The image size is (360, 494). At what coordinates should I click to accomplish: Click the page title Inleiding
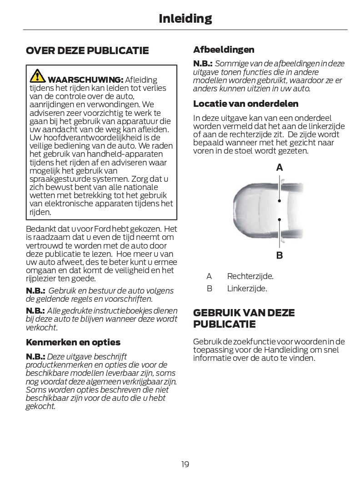(x=185, y=19)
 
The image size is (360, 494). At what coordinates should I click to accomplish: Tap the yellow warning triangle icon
(x=37, y=76)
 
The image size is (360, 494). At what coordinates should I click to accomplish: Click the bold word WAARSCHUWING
(x=85, y=80)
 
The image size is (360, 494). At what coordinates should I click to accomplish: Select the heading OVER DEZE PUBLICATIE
(x=87, y=50)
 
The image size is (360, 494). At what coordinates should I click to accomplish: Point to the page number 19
(x=185, y=464)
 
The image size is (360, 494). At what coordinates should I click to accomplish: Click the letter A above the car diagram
(x=279, y=168)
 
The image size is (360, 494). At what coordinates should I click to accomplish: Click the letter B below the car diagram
(x=279, y=255)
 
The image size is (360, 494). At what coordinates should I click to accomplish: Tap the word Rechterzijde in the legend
(x=250, y=276)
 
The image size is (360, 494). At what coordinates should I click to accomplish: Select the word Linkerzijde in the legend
(x=247, y=289)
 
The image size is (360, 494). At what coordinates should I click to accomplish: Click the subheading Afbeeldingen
(x=224, y=50)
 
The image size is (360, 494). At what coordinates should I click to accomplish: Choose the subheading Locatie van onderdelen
(x=246, y=104)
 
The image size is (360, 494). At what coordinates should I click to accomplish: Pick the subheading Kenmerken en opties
(x=73, y=342)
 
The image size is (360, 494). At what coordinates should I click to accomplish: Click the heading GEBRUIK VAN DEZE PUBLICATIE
(x=244, y=319)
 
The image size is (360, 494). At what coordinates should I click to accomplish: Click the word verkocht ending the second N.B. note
(x=41, y=328)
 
